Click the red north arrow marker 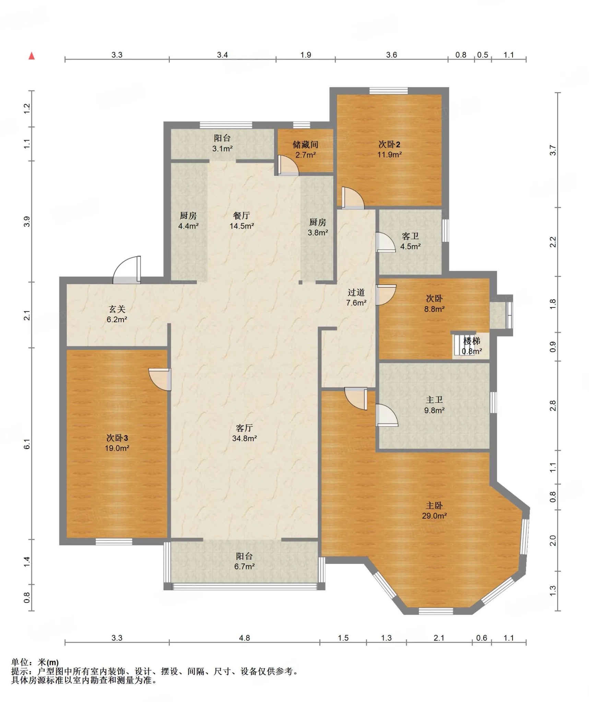tap(32, 56)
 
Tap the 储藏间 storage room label tap(305, 145)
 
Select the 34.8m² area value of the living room tap(245, 438)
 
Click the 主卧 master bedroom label tap(434, 506)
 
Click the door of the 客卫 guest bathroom tap(386, 242)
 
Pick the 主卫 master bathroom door tap(387, 415)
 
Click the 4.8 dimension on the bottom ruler tap(245, 638)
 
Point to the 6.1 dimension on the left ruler tap(27, 444)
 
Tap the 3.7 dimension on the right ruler tap(553, 150)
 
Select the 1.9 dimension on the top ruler tap(306, 55)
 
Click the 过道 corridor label tap(356, 292)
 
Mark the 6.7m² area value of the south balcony tap(245, 567)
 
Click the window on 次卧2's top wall tap(389, 91)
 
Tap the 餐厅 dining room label tap(242, 216)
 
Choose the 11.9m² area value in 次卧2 tap(390, 155)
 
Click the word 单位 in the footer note tap(20, 662)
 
